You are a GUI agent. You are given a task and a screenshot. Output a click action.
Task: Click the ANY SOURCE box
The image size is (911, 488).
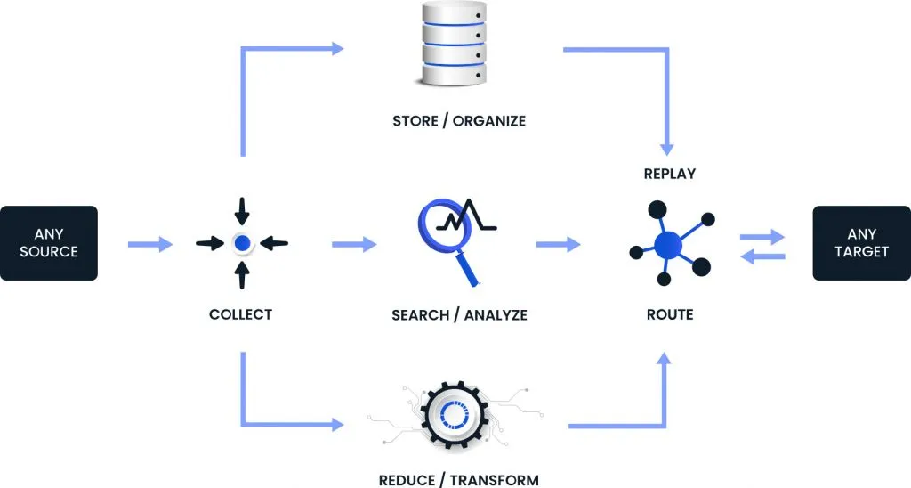click(49, 243)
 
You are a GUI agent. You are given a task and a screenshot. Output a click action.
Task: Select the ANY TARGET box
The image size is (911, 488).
click(861, 243)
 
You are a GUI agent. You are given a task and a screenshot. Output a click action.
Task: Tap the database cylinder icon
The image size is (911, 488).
click(455, 45)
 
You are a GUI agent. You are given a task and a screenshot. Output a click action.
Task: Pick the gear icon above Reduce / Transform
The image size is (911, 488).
click(455, 415)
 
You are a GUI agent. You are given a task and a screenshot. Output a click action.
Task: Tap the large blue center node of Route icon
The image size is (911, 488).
click(667, 243)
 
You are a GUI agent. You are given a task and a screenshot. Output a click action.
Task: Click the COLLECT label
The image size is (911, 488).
click(240, 314)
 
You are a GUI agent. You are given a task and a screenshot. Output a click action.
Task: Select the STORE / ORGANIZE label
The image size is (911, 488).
click(459, 120)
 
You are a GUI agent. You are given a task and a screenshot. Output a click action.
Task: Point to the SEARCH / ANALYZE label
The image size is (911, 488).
click(459, 314)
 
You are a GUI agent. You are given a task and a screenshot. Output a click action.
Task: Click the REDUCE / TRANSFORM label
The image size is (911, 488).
click(459, 480)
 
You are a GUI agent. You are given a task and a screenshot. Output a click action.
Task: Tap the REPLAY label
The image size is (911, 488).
click(669, 174)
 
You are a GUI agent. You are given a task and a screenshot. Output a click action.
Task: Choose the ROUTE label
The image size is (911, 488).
click(669, 314)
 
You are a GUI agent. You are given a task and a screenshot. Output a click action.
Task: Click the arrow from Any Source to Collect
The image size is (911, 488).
click(149, 243)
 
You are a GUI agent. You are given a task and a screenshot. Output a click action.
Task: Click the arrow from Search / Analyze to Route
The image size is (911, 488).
click(556, 243)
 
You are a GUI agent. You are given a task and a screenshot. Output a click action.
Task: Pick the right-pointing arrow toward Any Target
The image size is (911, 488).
click(763, 237)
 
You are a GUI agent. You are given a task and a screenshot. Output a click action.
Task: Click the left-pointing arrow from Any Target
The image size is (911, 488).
click(763, 256)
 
